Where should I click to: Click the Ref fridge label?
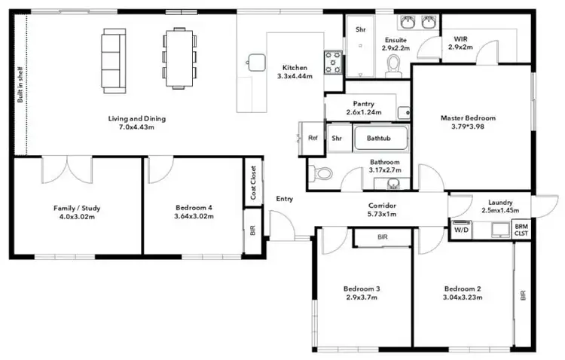click(312, 138)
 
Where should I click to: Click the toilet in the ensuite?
click(392, 69)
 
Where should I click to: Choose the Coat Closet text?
click(254, 183)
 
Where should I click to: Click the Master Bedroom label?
click(469, 118)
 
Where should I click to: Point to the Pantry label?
click(364, 104)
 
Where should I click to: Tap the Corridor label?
click(383, 205)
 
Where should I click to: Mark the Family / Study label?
click(77, 207)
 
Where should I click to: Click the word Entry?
click(285, 199)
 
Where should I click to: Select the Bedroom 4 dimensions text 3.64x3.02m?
click(193, 216)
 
